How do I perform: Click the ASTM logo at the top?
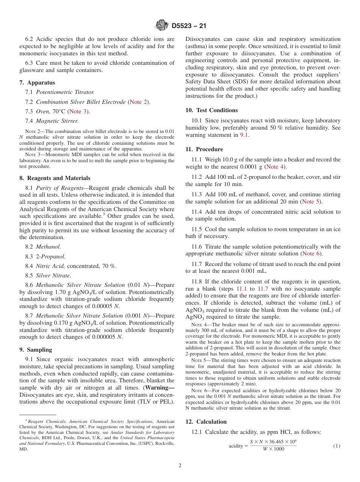161,25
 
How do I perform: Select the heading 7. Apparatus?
37,83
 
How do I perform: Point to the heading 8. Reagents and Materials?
55,178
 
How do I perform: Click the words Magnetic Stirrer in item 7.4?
57,121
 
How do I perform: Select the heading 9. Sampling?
36,350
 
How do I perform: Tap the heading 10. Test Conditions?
211,110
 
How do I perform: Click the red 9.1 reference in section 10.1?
244,135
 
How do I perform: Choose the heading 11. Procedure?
204,149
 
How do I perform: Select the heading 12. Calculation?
206,422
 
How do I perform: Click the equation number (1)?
337,446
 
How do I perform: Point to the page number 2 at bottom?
180,466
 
